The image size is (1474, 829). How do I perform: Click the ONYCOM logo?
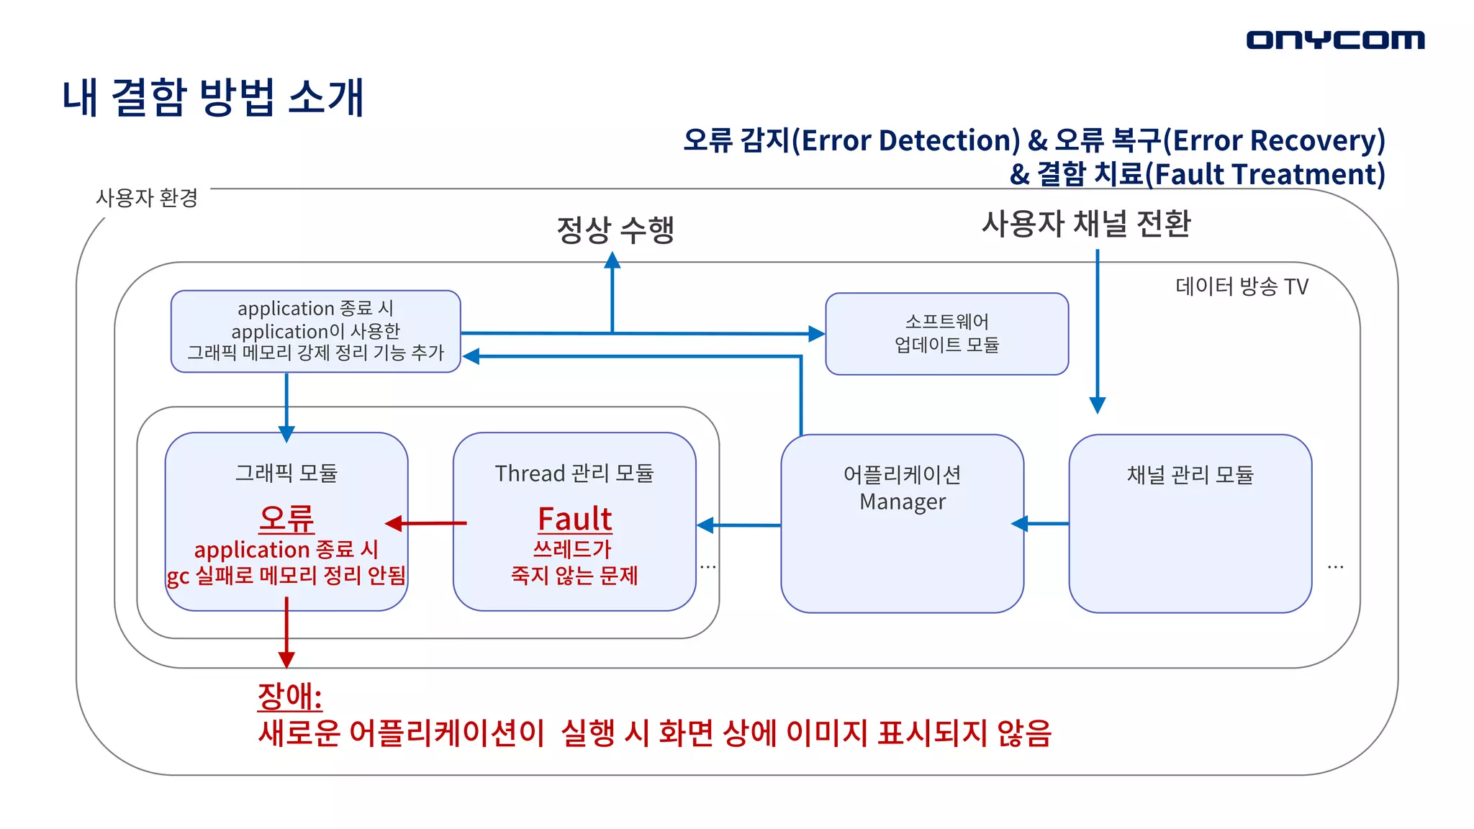point(1335,40)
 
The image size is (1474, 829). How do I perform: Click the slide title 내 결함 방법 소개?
point(213,97)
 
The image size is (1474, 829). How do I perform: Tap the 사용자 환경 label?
point(147,198)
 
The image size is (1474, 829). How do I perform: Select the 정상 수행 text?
point(615,230)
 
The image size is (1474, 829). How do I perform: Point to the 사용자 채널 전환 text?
point(1086,224)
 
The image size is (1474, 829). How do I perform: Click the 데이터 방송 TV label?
point(1242,286)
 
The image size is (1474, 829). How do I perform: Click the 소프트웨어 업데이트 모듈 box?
point(946,333)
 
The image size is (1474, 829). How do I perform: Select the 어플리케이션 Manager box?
point(902,523)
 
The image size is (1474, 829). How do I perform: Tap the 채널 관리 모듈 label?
point(1190,475)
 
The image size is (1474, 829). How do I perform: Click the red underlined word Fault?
point(574,519)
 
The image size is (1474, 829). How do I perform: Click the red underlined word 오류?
point(286,519)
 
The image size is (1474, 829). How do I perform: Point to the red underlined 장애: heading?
point(289,696)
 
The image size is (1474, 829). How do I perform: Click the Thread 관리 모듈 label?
point(574,474)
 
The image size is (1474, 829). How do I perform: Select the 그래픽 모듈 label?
point(286,473)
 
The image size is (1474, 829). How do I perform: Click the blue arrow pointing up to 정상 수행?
point(612,291)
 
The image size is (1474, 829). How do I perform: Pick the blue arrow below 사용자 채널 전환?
point(1098,331)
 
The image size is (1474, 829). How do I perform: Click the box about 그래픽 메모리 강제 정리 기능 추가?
point(315,331)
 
